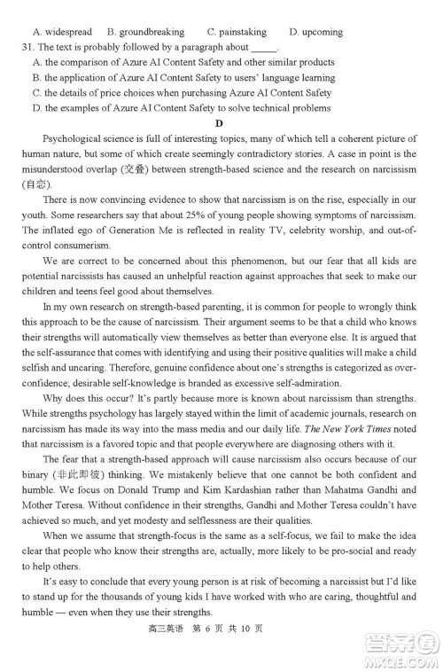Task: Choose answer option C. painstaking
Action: pos(237,31)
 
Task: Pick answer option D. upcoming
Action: pos(316,31)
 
